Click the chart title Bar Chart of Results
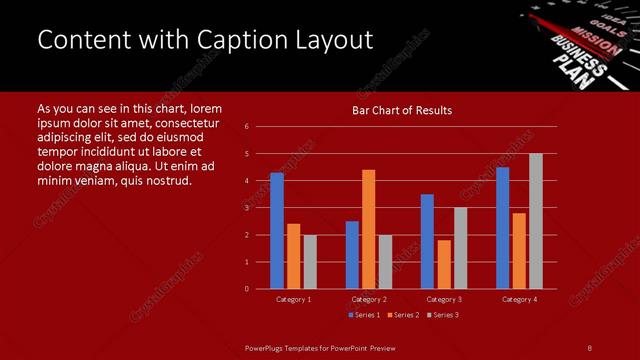pos(402,110)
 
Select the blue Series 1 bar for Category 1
pos(277,230)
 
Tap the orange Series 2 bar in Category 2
pos(368,229)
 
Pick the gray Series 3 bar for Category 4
pos(536,221)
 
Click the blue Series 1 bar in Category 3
pos(427,241)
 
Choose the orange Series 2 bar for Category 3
pos(444,264)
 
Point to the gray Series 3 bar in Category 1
pos(310,262)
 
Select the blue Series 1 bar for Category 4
pos(503,227)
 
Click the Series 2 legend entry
pos(402,315)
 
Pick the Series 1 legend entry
pos(362,315)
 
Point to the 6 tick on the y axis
pos(246,127)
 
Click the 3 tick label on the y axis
pos(246,208)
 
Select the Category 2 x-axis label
pos(368,299)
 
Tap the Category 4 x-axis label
pos(519,299)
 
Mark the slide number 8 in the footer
pos(589,347)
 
